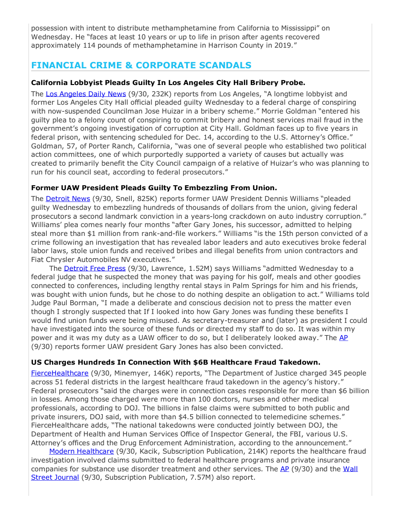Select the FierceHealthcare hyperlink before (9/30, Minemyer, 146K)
click(x=59, y=373)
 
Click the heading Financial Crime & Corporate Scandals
click(x=141, y=65)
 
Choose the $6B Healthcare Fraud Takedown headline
click(x=175, y=362)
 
